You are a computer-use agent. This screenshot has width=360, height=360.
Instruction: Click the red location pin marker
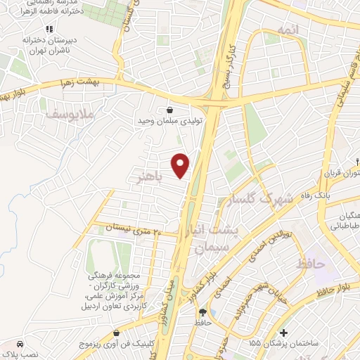point(181,165)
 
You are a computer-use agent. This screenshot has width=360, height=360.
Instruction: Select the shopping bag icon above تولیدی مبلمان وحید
point(172,109)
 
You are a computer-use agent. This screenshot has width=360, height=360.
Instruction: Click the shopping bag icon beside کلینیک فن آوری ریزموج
point(116,333)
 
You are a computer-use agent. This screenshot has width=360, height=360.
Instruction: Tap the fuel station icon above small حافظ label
point(203,312)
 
